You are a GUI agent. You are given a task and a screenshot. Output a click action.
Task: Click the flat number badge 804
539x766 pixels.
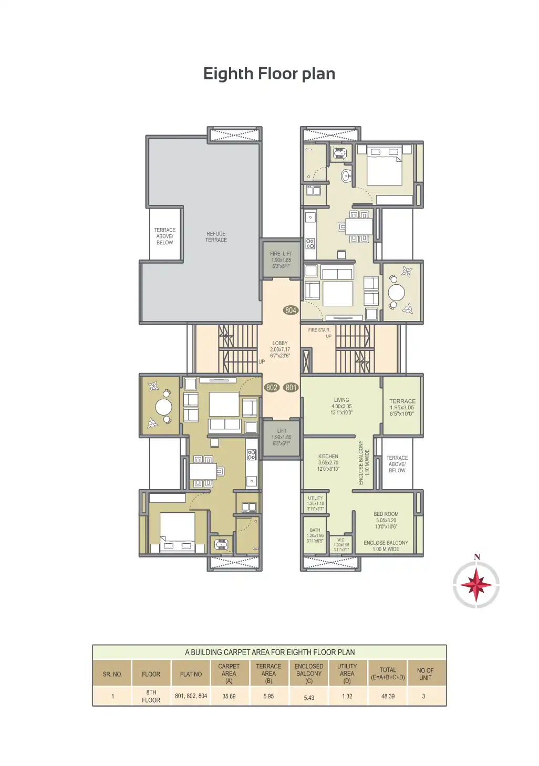click(x=291, y=310)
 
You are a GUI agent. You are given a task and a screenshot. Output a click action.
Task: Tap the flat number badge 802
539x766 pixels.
click(x=272, y=388)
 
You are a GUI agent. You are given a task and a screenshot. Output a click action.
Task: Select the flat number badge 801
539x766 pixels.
click(x=291, y=388)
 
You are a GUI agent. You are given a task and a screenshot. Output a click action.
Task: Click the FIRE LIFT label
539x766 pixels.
click(x=281, y=254)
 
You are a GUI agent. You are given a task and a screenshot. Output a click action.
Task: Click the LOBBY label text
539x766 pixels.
click(x=280, y=343)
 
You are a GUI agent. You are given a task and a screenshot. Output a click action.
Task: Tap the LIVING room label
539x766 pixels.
click(x=341, y=400)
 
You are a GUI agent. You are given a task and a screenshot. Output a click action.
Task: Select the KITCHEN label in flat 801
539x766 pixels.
click(x=328, y=457)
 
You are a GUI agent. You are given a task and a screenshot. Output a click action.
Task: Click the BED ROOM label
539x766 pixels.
click(x=386, y=514)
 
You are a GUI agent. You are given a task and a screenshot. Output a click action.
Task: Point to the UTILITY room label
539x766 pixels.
click(x=315, y=498)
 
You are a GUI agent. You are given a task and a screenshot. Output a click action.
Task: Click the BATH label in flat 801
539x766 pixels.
click(x=315, y=530)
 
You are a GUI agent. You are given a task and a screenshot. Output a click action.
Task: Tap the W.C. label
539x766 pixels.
click(x=341, y=540)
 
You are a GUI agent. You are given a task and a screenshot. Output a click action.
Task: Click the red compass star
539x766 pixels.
click(x=476, y=585)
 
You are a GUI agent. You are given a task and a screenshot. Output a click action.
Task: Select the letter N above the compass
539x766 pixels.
click(x=477, y=557)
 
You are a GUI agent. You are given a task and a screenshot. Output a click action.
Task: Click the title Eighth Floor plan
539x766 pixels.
click(x=269, y=74)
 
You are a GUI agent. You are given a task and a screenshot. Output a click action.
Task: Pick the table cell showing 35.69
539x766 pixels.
click(x=229, y=696)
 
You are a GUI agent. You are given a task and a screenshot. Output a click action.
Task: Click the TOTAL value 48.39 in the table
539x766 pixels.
click(x=388, y=696)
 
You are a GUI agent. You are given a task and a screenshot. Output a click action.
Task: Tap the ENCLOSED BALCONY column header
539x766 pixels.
click(x=309, y=674)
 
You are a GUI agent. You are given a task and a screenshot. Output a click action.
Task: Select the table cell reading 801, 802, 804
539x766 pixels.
click(x=191, y=696)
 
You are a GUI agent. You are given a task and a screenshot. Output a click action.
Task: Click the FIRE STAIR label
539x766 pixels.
click(x=319, y=330)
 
